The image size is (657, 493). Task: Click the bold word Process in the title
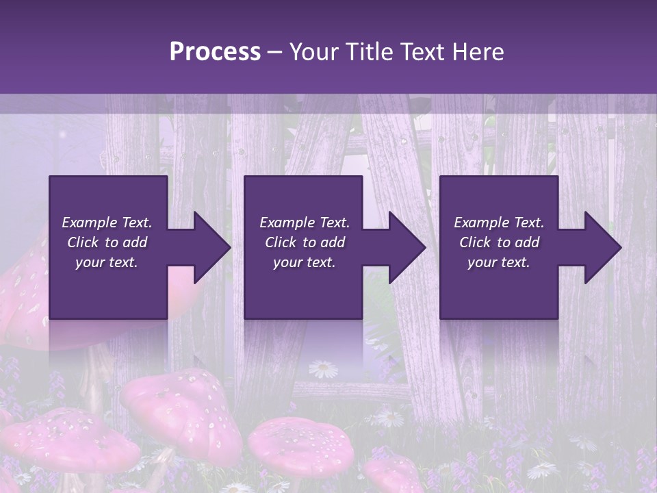click(x=215, y=52)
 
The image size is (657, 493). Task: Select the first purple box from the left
click(x=108, y=294)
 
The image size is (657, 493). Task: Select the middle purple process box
click(x=303, y=294)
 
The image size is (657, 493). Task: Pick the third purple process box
click(x=498, y=294)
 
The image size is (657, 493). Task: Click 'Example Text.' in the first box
click(x=107, y=223)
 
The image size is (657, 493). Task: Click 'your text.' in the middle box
click(x=304, y=262)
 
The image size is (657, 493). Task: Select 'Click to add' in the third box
click(x=499, y=242)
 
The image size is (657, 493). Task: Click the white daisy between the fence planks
click(x=323, y=370)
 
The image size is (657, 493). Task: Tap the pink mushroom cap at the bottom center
click(x=300, y=445)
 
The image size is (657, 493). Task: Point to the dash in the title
click(x=275, y=52)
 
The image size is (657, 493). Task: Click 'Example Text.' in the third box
click(x=499, y=223)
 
